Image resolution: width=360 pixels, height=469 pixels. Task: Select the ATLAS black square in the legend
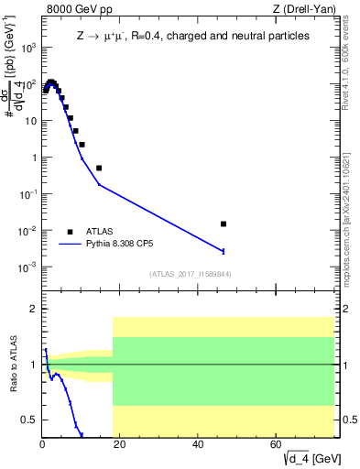coord(71,232)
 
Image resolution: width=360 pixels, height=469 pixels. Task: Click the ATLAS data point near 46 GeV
coord(224,224)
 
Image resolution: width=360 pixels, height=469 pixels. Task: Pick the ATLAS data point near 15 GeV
coord(99,168)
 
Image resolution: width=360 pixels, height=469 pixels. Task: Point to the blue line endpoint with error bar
coord(224,251)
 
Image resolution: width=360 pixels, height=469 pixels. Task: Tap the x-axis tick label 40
coord(199,444)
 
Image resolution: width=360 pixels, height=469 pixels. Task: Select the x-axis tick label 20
coord(120,444)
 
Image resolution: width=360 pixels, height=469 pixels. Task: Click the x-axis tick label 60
coord(277,444)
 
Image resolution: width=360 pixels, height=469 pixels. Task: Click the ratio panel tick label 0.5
coord(28,420)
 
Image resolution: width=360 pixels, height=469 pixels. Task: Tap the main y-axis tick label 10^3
coord(27,47)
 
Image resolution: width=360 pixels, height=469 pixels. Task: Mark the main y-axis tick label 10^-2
coord(27,231)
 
